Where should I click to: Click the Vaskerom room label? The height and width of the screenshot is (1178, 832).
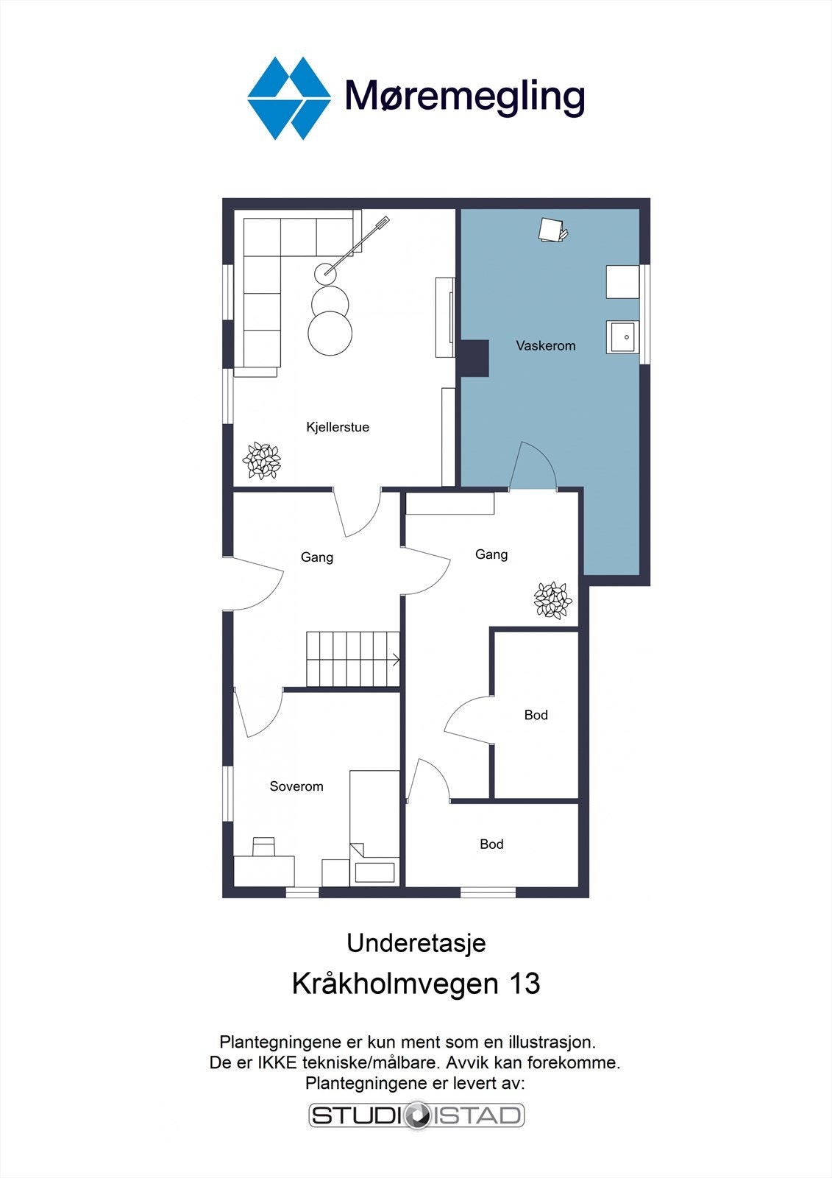pos(545,345)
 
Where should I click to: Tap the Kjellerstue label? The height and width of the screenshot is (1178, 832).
pos(338,427)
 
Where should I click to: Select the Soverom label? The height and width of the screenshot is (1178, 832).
pos(296,786)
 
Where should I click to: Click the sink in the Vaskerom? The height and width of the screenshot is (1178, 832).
pos(622,337)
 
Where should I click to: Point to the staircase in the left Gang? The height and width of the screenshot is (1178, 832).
pos(352,659)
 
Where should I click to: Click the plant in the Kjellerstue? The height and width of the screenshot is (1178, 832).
pos(262,461)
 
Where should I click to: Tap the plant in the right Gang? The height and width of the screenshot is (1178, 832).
pos(552,599)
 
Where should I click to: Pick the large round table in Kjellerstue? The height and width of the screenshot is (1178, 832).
pos(330,333)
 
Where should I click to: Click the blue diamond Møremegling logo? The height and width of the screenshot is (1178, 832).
pos(288,98)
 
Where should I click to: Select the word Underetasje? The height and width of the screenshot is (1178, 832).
pos(416,943)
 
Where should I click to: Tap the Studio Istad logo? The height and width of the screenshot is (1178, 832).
pos(416,1115)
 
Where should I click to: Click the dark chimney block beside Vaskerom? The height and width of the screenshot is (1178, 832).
pos(474,359)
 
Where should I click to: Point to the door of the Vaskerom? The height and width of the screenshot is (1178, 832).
pos(533,466)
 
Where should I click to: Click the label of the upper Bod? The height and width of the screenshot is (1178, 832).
pos(536,715)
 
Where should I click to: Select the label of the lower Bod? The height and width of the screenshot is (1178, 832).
pos(491,844)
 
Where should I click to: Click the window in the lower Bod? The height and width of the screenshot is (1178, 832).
pos(488,892)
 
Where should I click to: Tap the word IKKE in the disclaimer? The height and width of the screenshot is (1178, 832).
pos(277,1062)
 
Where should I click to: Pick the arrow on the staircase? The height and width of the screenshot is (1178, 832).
pos(396,660)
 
